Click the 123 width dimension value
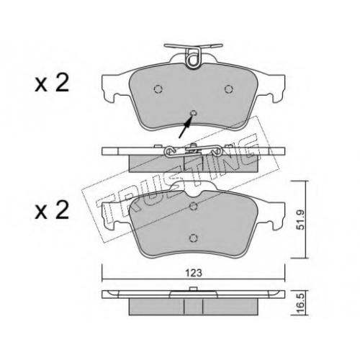coord(194,273)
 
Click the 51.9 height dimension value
coord(301,220)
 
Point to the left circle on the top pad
coord(158,89)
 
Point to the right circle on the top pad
coord(229,89)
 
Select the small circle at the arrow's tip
coord(193,113)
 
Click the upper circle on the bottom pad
coord(194,206)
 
